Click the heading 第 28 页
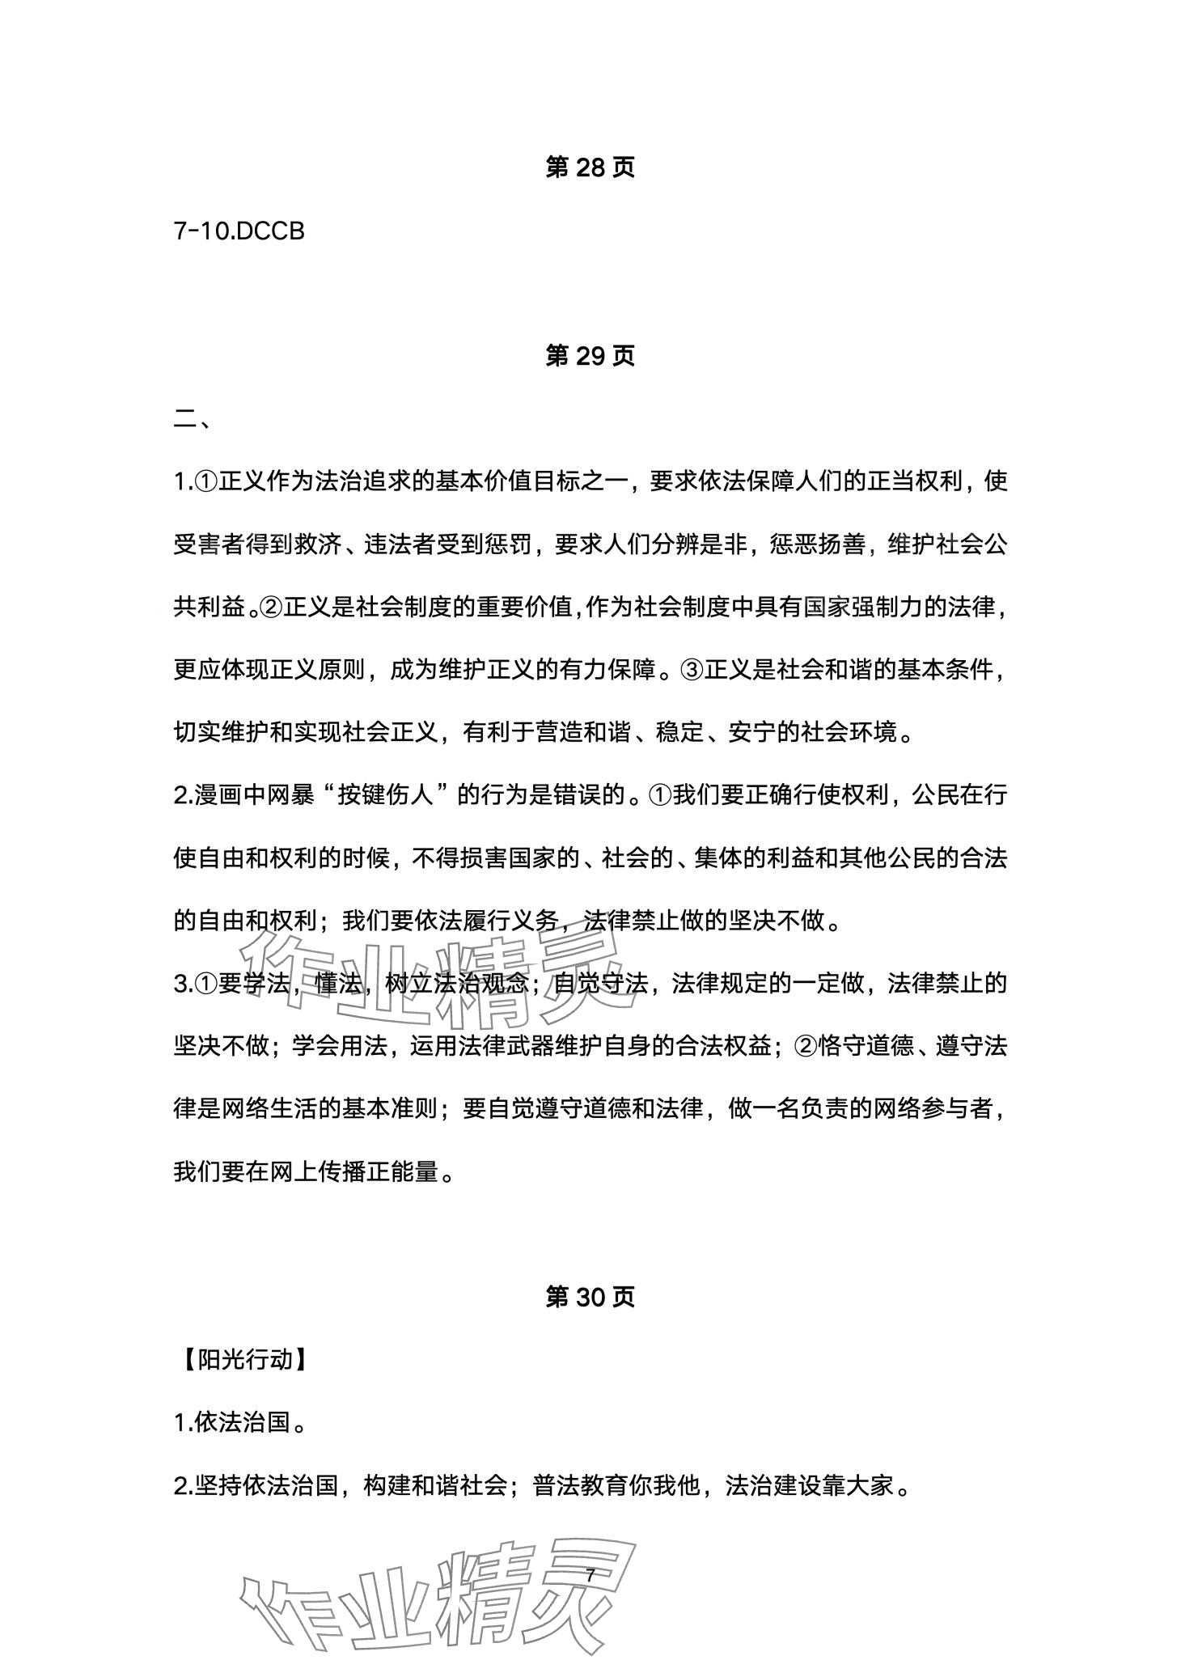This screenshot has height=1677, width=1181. click(x=590, y=167)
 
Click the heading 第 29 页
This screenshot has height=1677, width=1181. click(x=590, y=356)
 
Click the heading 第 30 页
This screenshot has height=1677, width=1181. click(x=590, y=1298)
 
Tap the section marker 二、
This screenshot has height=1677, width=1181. click(x=193, y=421)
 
